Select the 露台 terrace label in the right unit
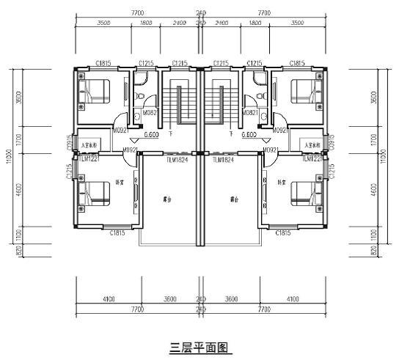click(233, 200)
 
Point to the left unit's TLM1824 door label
click(177, 159)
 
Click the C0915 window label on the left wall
click(70, 141)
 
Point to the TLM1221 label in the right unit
click(312, 158)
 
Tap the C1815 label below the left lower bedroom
click(117, 233)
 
